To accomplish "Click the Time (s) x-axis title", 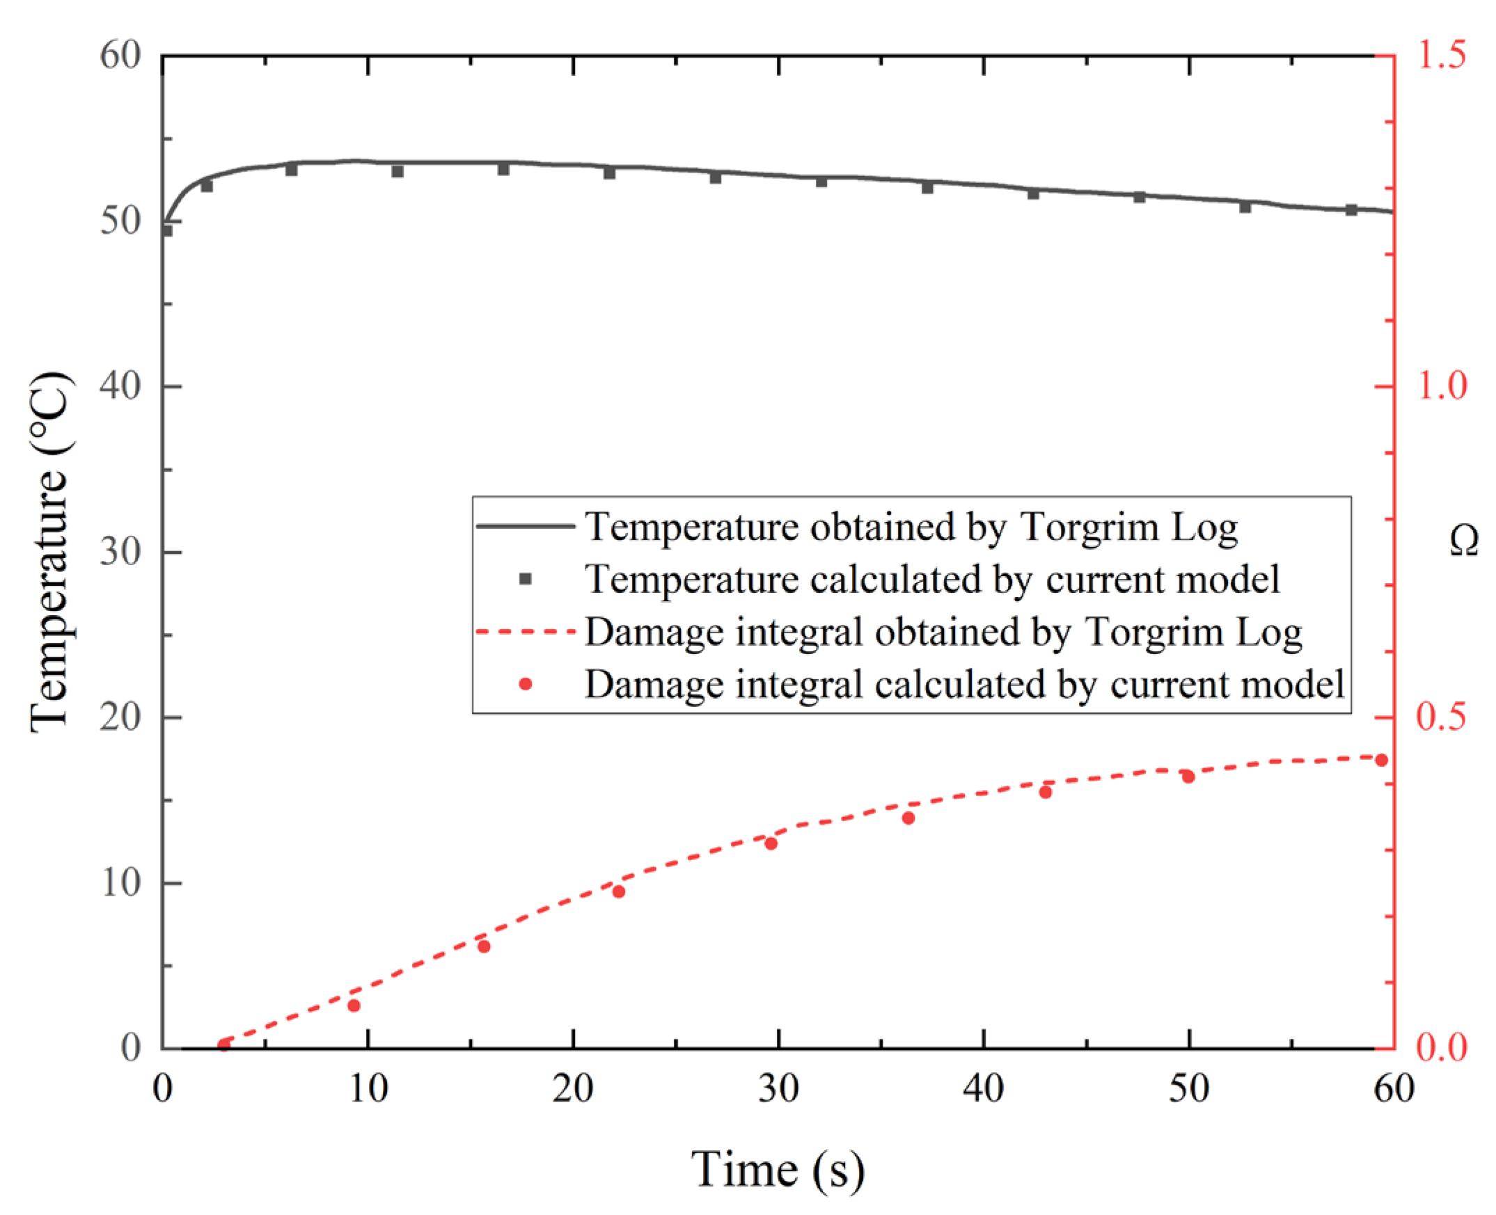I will (x=777, y=1169).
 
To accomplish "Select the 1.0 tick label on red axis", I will (x=1441, y=386).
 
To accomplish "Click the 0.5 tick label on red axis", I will (x=1441, y=717).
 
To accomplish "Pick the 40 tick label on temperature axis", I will (x=120, y=386).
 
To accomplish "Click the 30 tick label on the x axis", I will (x=778, y=1089).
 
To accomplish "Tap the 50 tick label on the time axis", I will (x=1189, y=1089).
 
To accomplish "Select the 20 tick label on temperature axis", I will (x=120, y=717).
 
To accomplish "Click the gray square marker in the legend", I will (x=525, y=579).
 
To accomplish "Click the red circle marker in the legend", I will (x=525, y=684).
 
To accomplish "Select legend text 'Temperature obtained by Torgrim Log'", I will (x=911, y=526).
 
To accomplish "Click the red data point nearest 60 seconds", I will (x=1381, y=760).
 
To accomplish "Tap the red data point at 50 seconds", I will (x=1188, y=777).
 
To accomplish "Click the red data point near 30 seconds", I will (x=771, y=843).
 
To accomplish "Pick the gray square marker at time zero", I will (x=166, y=231).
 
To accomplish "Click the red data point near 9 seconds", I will (x=354, y=1006).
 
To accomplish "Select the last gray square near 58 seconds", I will (x=1351, y=210).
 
